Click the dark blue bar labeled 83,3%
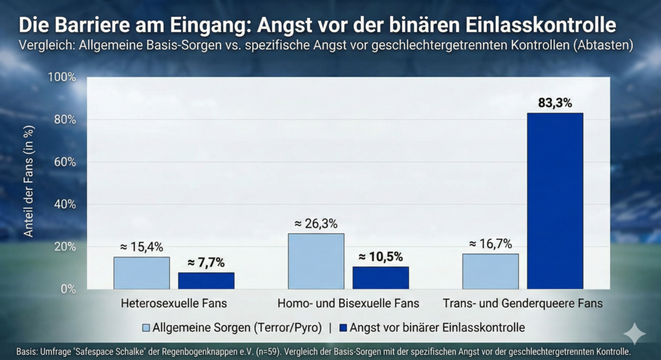pyautogui.click(x=554, y=201)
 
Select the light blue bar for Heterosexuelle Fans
pyautogui.click(x=141, y=273)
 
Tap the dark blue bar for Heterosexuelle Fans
pyautogui.click(x=206, y=281)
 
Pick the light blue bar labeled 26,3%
pyautogui.click(x=316, y=261)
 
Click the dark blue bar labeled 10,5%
pyautogui.click(x=380, y=277)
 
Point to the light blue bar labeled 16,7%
pyautogui.click(x=490, y=271)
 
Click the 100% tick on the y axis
pyautogui.click(x=62, y=77)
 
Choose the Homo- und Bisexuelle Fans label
pyautogui.click(x=348, y=303)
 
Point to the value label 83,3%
pyautogui.click(x=554, y=103)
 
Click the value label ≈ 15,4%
pyautogui.click(x=141, y=246)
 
